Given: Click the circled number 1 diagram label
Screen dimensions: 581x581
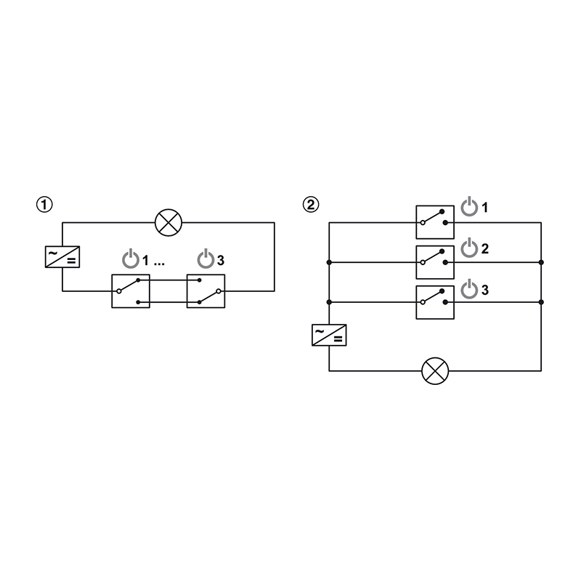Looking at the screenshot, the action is point(44,205).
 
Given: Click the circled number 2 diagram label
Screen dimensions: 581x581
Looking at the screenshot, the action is point(311,205).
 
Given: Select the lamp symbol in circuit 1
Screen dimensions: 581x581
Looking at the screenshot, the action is point(168,222).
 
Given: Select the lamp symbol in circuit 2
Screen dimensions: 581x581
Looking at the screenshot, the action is point(435,371).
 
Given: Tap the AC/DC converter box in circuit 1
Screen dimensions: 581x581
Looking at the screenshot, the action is point(62,257).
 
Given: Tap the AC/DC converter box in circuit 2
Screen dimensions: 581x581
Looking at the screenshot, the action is point(329,335).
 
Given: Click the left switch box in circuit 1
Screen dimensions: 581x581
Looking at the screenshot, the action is point(131,291).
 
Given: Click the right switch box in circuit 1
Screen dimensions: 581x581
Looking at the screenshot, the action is point(206,291).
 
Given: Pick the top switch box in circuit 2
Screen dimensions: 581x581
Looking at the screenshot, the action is point(435,222).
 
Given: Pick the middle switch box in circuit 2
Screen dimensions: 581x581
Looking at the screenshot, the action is point(435,262).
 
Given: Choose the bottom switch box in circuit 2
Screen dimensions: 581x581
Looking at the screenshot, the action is point(435,302).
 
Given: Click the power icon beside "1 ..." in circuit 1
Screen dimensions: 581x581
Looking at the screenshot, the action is point(131,259).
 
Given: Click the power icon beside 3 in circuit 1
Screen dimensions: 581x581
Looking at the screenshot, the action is point(206,259).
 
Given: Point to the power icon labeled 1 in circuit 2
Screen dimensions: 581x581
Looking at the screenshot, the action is point(469,207).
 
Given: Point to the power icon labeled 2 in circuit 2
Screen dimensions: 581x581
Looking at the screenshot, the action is point(469,248).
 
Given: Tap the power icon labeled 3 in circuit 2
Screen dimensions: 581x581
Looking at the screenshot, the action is point(469,289).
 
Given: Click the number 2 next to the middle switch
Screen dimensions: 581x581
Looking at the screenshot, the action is point(485,248).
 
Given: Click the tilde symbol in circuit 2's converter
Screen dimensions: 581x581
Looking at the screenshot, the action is point(320,331).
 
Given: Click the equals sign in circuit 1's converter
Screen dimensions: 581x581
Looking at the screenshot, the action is point(71,261).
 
